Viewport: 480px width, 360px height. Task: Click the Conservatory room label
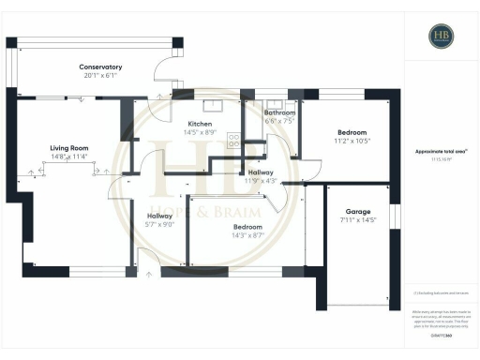coord(100,67)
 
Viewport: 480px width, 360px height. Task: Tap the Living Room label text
coord(68,147)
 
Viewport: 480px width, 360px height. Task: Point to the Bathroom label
coord(279,112)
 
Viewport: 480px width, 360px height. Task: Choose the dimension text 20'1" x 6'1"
coord(100,77)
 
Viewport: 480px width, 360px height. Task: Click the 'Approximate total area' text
coord(441,152)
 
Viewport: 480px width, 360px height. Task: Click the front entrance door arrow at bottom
coord(148,274)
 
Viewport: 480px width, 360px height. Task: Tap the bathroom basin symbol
coord(275,104)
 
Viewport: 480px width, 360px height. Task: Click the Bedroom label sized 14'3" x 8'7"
coord(247,227)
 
